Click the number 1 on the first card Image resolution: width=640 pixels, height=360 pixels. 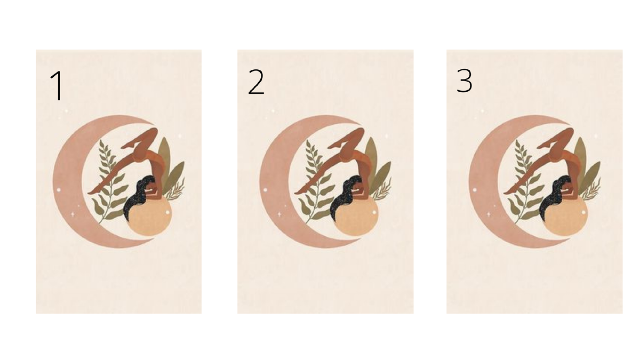pos(58,86)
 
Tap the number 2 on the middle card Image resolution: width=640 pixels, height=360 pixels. pos(256,82)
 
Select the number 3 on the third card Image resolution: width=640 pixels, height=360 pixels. pos(465,81)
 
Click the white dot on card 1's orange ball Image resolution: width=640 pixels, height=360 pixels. pos(167,212)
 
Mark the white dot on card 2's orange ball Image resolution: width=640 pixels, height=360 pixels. pos(374,212)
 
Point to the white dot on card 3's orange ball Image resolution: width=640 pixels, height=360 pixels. pos(583,212)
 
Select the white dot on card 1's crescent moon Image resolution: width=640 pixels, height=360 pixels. pos(59,190)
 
